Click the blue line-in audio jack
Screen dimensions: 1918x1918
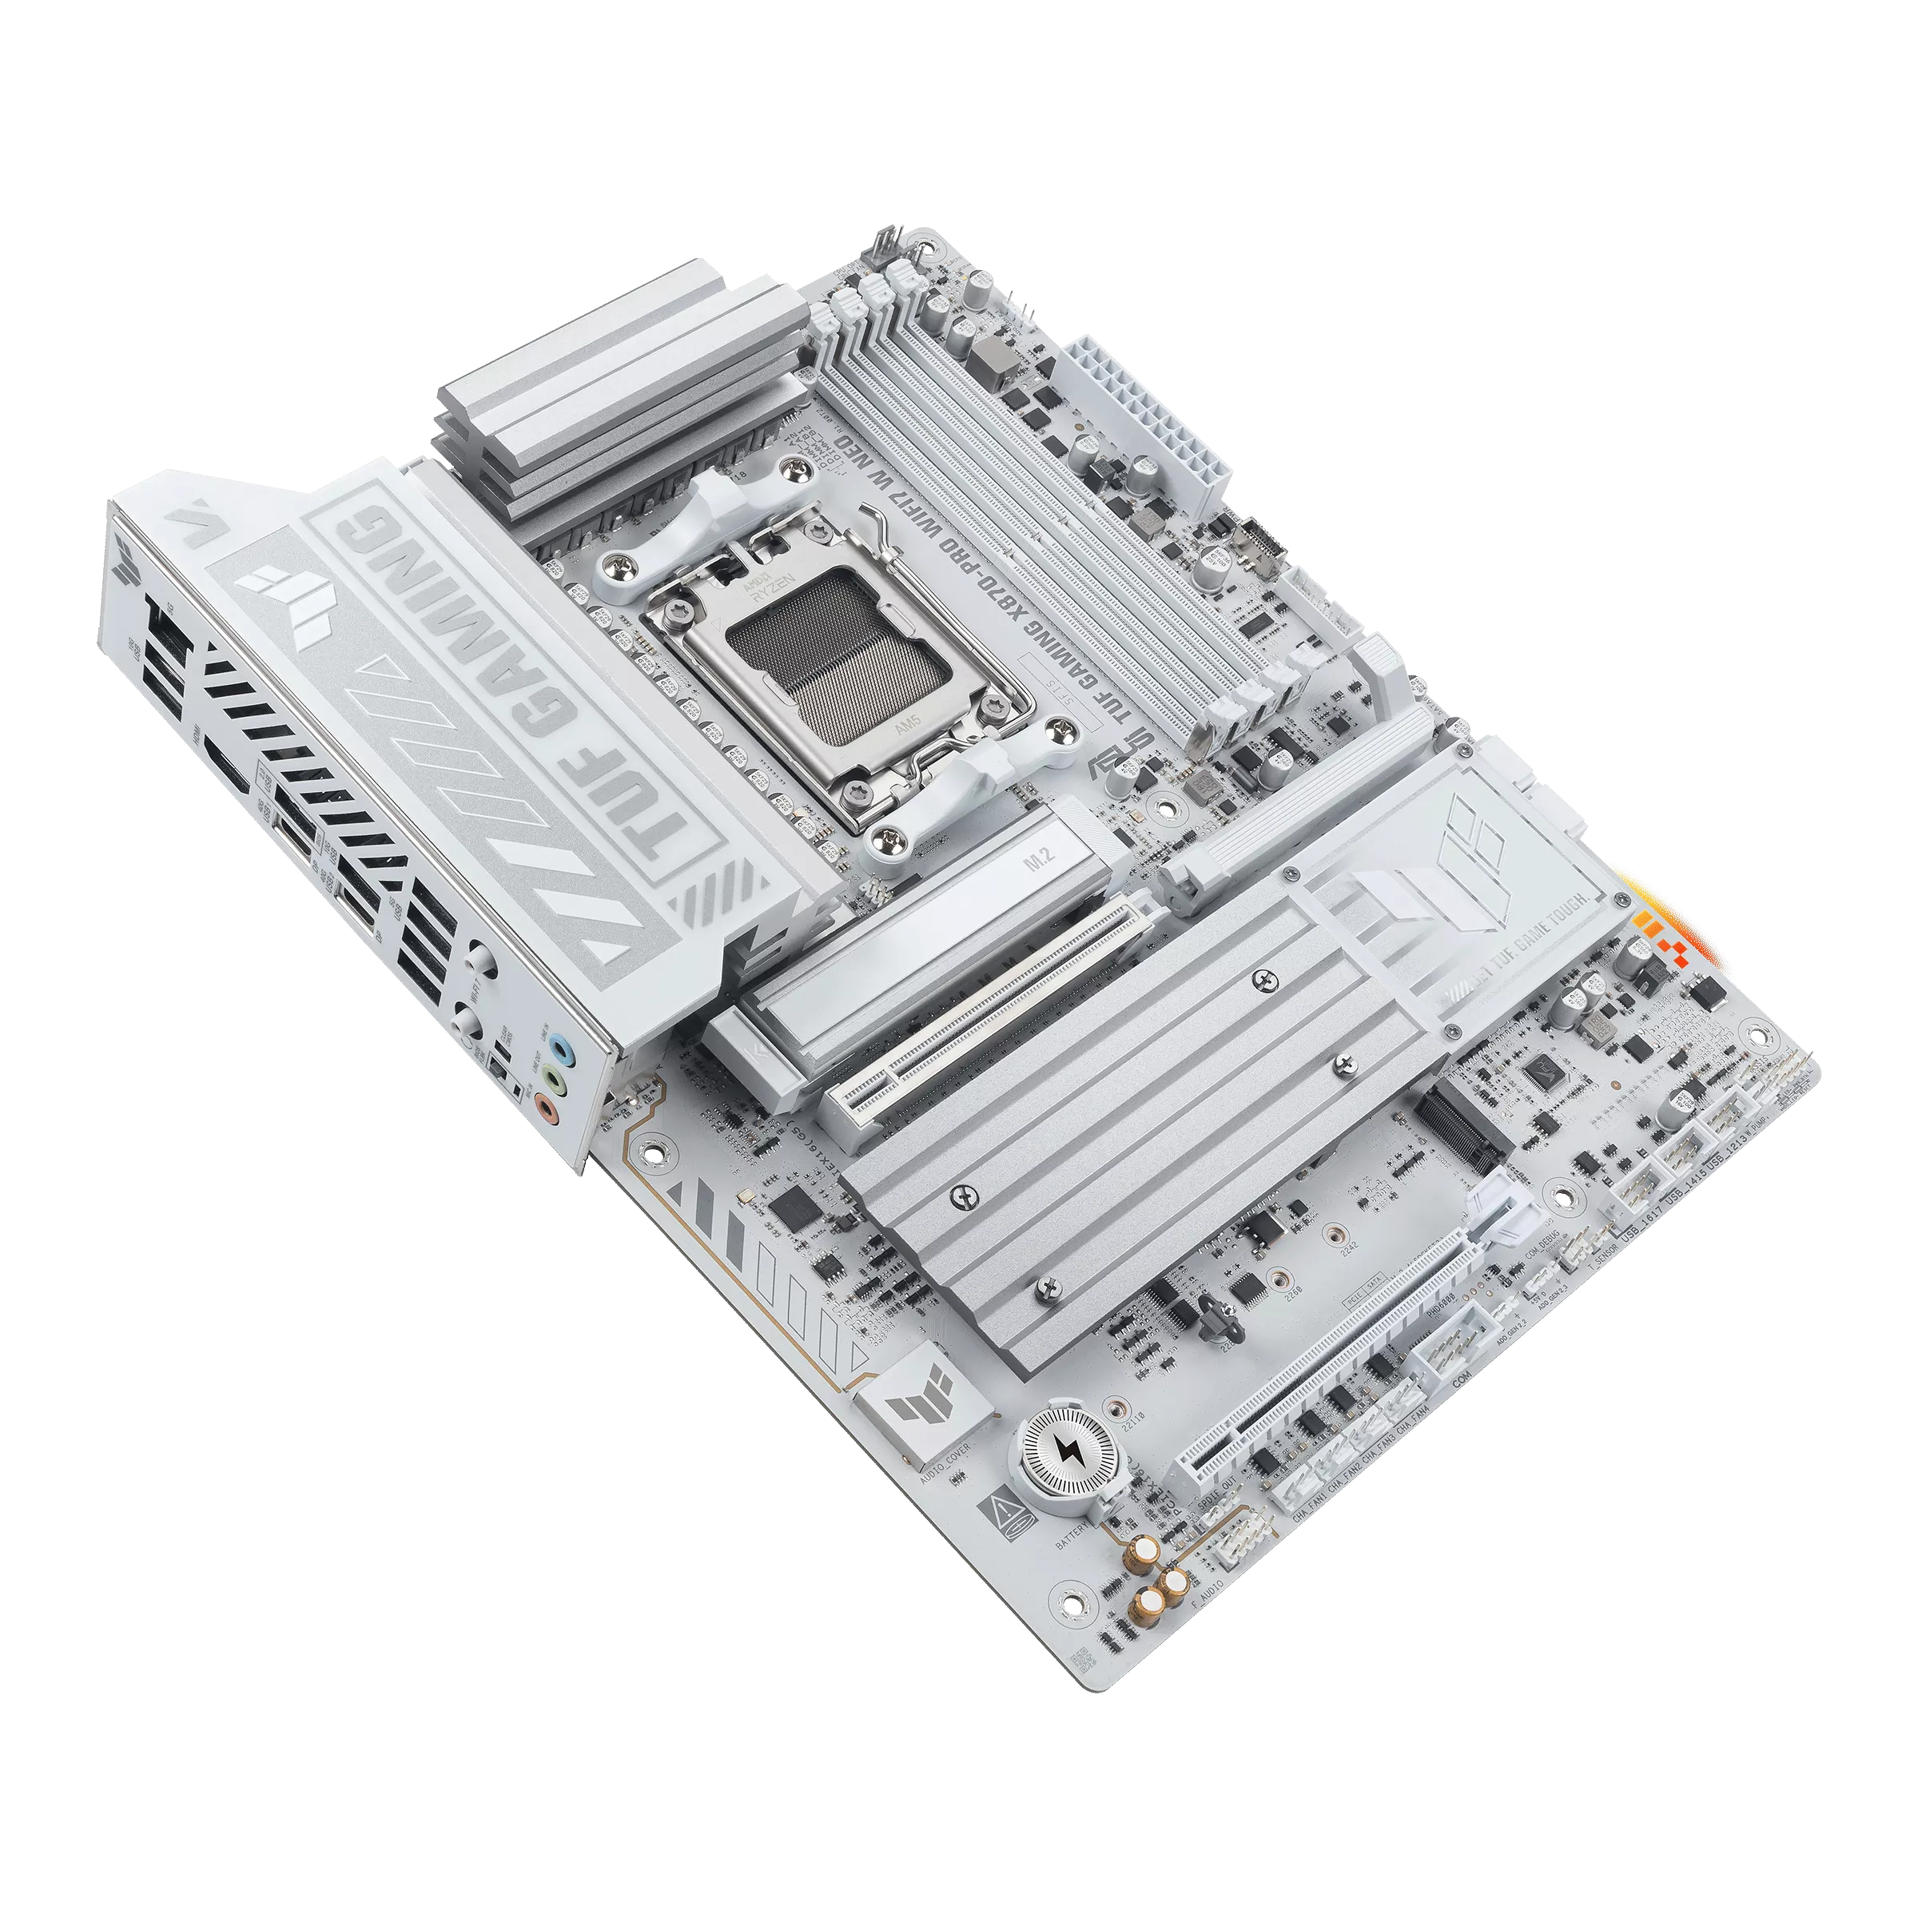562,1046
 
